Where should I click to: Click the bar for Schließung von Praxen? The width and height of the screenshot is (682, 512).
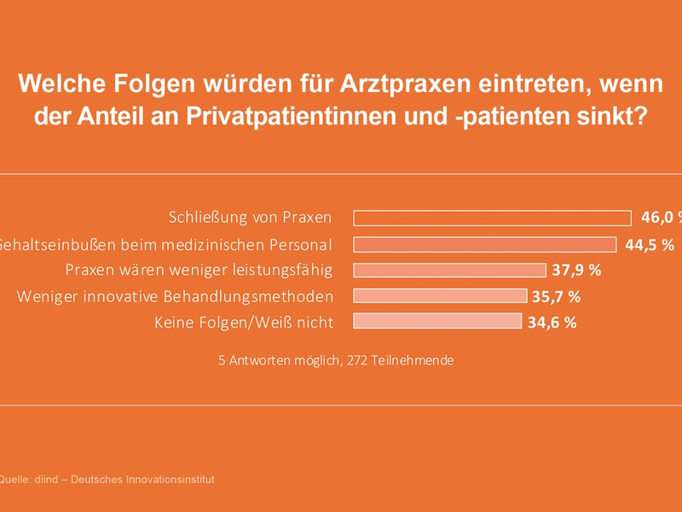(492, 218)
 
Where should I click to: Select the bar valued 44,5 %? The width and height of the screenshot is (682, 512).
(484, 244)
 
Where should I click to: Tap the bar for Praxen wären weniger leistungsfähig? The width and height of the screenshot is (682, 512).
(449, 271)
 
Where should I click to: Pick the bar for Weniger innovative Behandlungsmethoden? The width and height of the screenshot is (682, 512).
(440, 296)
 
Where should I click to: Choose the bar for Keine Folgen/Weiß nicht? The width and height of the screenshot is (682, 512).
(437, 322)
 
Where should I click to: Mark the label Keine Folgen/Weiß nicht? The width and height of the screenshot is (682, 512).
(244, 323)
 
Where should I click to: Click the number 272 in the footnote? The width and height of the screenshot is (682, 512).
(356, 360)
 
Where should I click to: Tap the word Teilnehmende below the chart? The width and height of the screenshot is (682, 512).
(417, 360)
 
